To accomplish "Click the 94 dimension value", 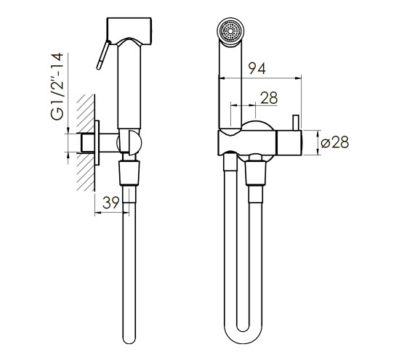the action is (x=257, y=68).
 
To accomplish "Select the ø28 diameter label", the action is (x=335, y=142).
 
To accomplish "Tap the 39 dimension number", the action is (x=110, y=203).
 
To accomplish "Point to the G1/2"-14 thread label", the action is (x=57, y=86).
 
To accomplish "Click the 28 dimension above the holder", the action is (x=269, y=98).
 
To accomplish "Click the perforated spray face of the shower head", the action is (x=230, y=31).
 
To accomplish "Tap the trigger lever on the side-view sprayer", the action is (x=103, y=54).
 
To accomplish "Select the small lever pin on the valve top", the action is (x=297, y=123).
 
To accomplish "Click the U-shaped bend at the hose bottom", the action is (x=243, y=334).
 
